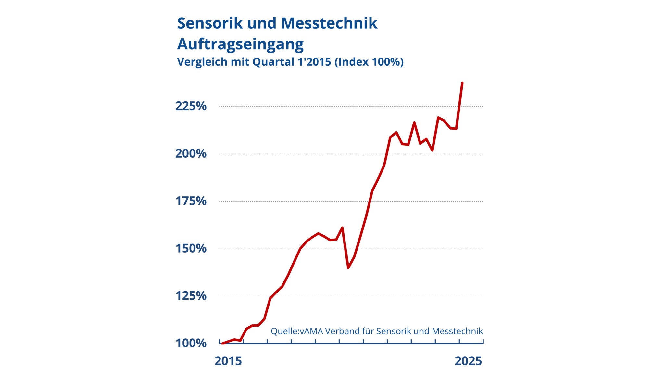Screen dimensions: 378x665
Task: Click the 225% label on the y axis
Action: [x=191, y=106]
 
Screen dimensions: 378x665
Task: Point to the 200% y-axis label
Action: [x=191, y=154]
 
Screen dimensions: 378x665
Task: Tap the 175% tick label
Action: [x=191, y=201]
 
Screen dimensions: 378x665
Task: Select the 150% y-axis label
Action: [x=191, y=249]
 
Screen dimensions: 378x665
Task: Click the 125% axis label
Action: [x=191, y=296]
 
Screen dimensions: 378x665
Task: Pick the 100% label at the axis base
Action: [x=191, y=343]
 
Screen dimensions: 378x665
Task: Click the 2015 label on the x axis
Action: [x=228, y=361]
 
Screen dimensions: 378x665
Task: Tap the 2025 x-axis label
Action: [x=468, y=361]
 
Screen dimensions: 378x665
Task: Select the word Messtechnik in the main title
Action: [x=329, y=23]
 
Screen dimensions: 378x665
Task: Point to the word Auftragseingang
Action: [x=240, y=44]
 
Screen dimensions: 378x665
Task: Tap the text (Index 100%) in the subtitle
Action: [x=369, y=62]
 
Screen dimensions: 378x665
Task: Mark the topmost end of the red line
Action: [x=462, y=83]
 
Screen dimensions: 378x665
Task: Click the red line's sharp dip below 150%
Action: [x=348, y=268]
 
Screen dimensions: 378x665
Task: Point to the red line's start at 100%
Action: [x=222, y=343]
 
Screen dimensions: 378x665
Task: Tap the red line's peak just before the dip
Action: [x=342, y=228]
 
